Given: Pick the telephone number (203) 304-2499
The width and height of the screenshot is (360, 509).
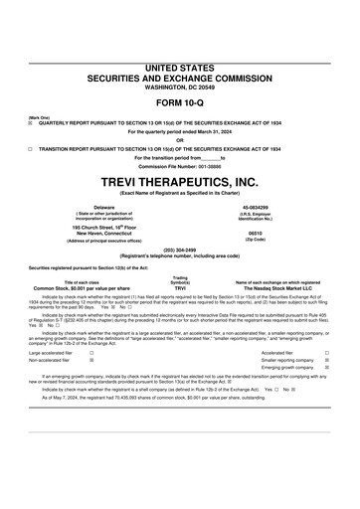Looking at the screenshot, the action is click(x=180, y=250).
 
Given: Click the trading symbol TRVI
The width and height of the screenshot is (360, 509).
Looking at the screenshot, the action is click(x=180, y=287).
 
